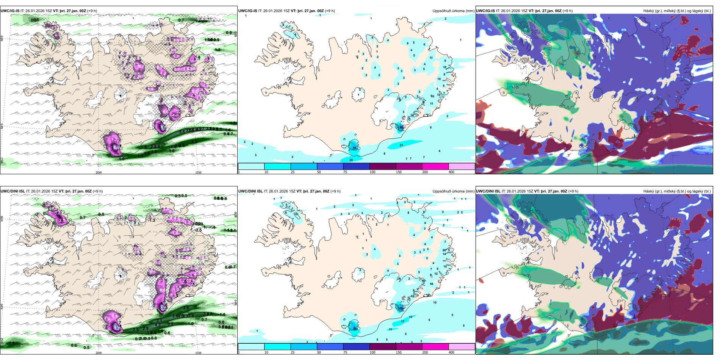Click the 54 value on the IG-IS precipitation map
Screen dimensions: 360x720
pos(354,148)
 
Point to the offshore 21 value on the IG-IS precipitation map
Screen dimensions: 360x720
pos(401,145)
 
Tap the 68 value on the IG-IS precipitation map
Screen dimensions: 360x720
pos(402,128)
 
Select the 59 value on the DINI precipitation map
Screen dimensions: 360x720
pos(355,329)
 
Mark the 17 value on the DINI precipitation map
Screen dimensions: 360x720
pos(402,321)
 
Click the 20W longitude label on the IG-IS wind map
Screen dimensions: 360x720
pos(99,172)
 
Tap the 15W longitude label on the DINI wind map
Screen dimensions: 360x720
pos(198,353)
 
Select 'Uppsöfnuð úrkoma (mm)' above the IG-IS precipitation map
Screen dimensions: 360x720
pos(453,11)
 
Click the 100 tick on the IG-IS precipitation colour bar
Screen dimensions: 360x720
pos(372,172)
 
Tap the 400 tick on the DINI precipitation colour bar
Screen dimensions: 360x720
pos(451,352)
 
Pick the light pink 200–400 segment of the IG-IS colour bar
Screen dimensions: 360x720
pos(462,166)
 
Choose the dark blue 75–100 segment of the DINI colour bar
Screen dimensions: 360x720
pos(356,347)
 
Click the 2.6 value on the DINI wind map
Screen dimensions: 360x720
pos(186,308)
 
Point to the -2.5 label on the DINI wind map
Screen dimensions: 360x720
pos(198,230)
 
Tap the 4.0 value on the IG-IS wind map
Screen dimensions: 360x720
pos(175,115)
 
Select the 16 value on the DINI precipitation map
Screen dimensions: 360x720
pos(431,284)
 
